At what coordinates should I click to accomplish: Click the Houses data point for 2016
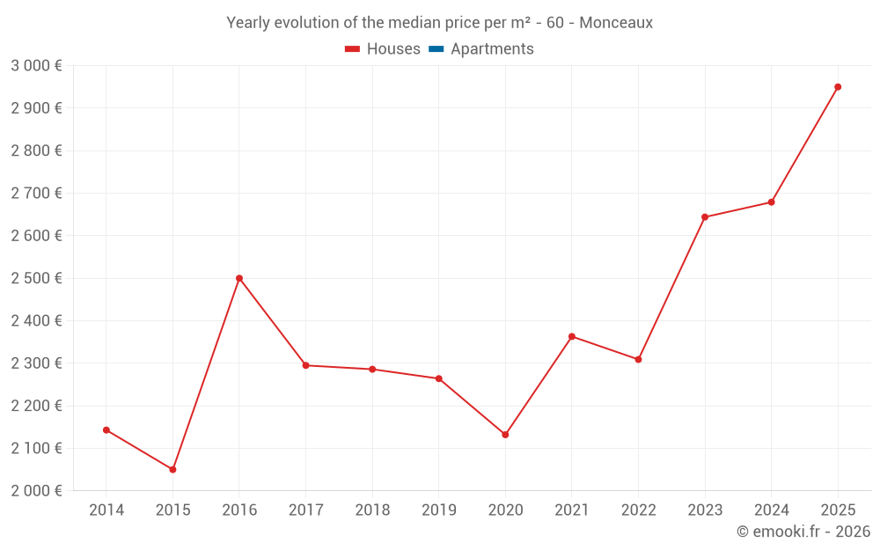click(239, 278)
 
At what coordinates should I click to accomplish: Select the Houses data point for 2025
click(838, 87)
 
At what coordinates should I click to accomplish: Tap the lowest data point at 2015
click(172, 469)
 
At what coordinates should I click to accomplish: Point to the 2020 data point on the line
click(505, 435)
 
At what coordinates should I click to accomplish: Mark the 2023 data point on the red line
click(705, 216)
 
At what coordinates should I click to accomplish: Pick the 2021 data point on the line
click(572, 336)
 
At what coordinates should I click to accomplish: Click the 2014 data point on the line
click(106, 430)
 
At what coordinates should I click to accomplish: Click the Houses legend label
click(393, 49)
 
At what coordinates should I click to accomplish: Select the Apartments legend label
click(492, 49)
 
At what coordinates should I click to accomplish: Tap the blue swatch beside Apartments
click(436, 49)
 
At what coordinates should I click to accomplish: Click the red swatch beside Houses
click(353, 49)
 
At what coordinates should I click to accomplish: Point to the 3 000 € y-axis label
click(36, 66)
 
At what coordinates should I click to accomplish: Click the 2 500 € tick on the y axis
click(36, 278)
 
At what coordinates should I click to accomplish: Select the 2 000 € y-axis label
click(36, 491)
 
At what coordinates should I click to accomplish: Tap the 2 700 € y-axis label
click(36, 194)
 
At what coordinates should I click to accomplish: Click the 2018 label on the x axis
click(372, 510)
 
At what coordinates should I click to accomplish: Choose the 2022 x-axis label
click(638, 510)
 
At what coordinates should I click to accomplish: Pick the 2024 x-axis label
click(772, 510)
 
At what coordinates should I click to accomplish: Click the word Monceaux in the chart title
click(616, 23)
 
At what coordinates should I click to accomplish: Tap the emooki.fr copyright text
click(803, 532)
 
